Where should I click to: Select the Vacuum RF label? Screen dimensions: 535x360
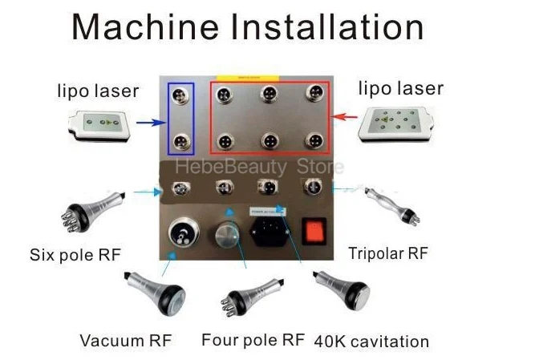[125, 340]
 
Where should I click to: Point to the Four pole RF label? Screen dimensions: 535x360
[253, 339]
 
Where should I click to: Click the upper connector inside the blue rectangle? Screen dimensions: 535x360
[181, 95]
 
